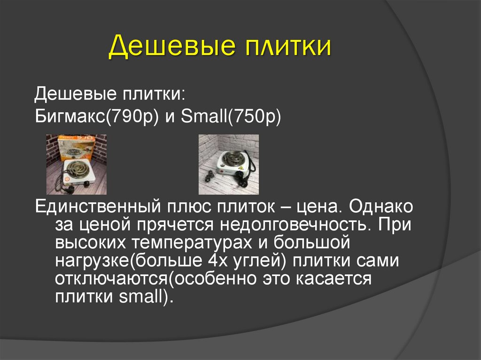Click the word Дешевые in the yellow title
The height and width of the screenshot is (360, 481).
[x=171, y=48]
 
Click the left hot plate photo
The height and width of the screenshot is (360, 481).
[x=76, y=164]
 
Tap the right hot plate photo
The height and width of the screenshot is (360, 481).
[x=229, y=164]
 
